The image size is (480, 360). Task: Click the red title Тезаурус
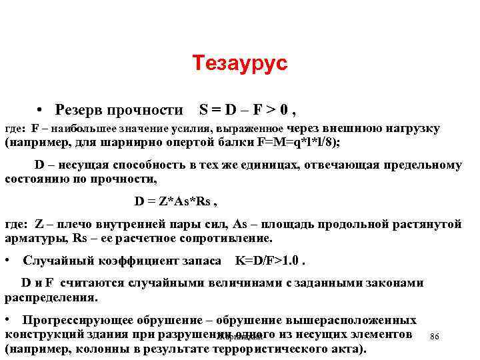(x=240, y=64)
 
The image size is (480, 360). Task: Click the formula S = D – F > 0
(x=247, y=109)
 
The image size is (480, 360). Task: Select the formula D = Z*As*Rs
(x=176, y=201)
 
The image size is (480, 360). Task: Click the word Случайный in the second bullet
(x=55, y=261)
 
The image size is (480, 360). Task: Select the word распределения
(x=51, y=297)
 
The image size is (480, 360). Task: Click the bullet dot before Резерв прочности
(x=41, y=109)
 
